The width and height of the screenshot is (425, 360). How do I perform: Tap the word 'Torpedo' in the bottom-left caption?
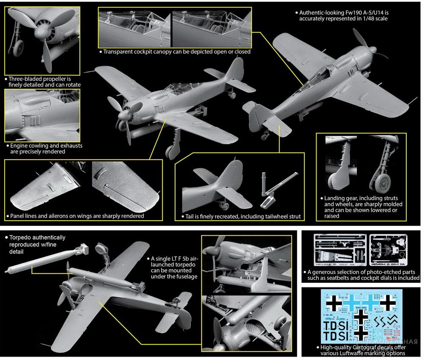click(21, 238)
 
